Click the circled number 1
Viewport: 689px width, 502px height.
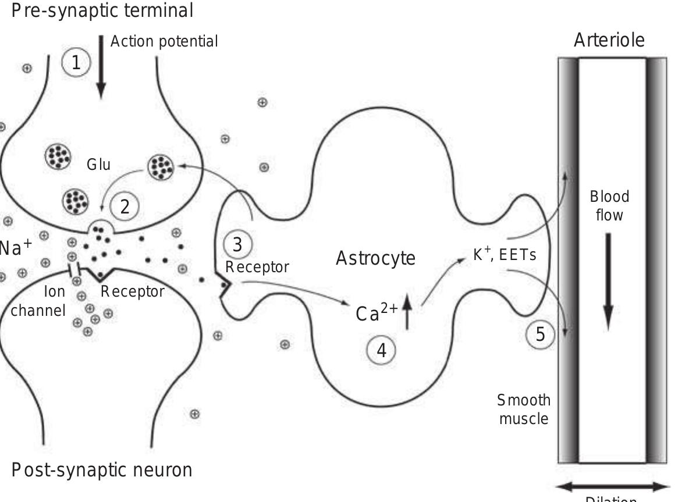[x=76, y=63]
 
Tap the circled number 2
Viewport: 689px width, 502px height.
[x=125, y=207]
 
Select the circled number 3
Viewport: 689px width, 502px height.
[x=237, y=245]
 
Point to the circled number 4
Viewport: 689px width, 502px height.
[x=382, y=350]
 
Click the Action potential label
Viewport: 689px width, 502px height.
[x=164, y=42]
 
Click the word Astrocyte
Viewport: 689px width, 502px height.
[x=375, y=258]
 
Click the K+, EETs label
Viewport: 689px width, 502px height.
[x=504, y=254]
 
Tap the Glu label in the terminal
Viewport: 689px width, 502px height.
[x=98, y=165]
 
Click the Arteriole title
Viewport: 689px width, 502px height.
[x=609, y=41]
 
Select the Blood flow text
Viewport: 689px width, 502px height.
[x=609, y=205]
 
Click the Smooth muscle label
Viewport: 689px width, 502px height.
[x=524, y=409]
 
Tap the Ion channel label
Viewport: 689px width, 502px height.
[x=38, y=301]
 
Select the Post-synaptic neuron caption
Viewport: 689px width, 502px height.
[x=102, y=469]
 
